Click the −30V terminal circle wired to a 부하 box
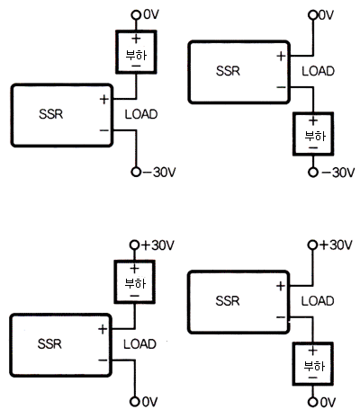click(313, 173)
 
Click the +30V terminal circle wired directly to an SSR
click(312, 245)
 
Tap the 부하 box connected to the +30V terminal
click(135, 282)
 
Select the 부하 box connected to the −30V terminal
click(313, 134)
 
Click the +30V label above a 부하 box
click(157, 245)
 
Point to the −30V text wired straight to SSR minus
click(159, 173)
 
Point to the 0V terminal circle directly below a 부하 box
click(312, 402)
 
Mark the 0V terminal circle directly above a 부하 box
click(136, 14)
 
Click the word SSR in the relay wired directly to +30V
click(228, 301)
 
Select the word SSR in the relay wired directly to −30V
click(51, 114)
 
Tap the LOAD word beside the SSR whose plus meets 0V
click(318, 71)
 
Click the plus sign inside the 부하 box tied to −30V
click(313, 120)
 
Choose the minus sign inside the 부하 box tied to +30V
click(135, 296)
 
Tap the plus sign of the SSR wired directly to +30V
click(281, 286)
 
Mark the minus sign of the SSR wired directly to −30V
click(104, 130)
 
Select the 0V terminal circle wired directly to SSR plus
click(313, 14)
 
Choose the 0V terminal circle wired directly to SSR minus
click(135, 402)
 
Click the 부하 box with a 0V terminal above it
click(136, 52)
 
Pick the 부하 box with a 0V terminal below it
click(313, 364)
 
